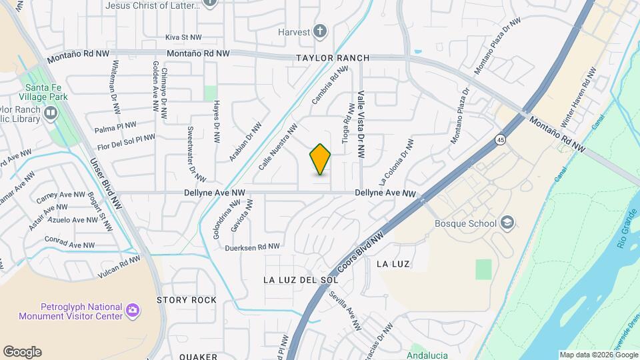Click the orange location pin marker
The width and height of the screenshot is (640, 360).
pos(321,159)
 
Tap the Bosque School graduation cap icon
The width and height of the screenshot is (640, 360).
pos(508,222)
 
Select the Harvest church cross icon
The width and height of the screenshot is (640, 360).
pos(320,31)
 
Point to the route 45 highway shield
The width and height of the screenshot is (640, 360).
pos(500,139)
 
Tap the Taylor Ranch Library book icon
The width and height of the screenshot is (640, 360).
pos(51,113)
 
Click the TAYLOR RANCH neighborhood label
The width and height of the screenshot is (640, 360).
pos(333,58)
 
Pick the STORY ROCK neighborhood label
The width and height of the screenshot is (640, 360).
pos(187,300)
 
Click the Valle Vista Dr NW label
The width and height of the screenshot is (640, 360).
pos(361,124)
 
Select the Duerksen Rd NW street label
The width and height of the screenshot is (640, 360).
pos(252,247)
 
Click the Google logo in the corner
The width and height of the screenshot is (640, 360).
pos(22,351)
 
